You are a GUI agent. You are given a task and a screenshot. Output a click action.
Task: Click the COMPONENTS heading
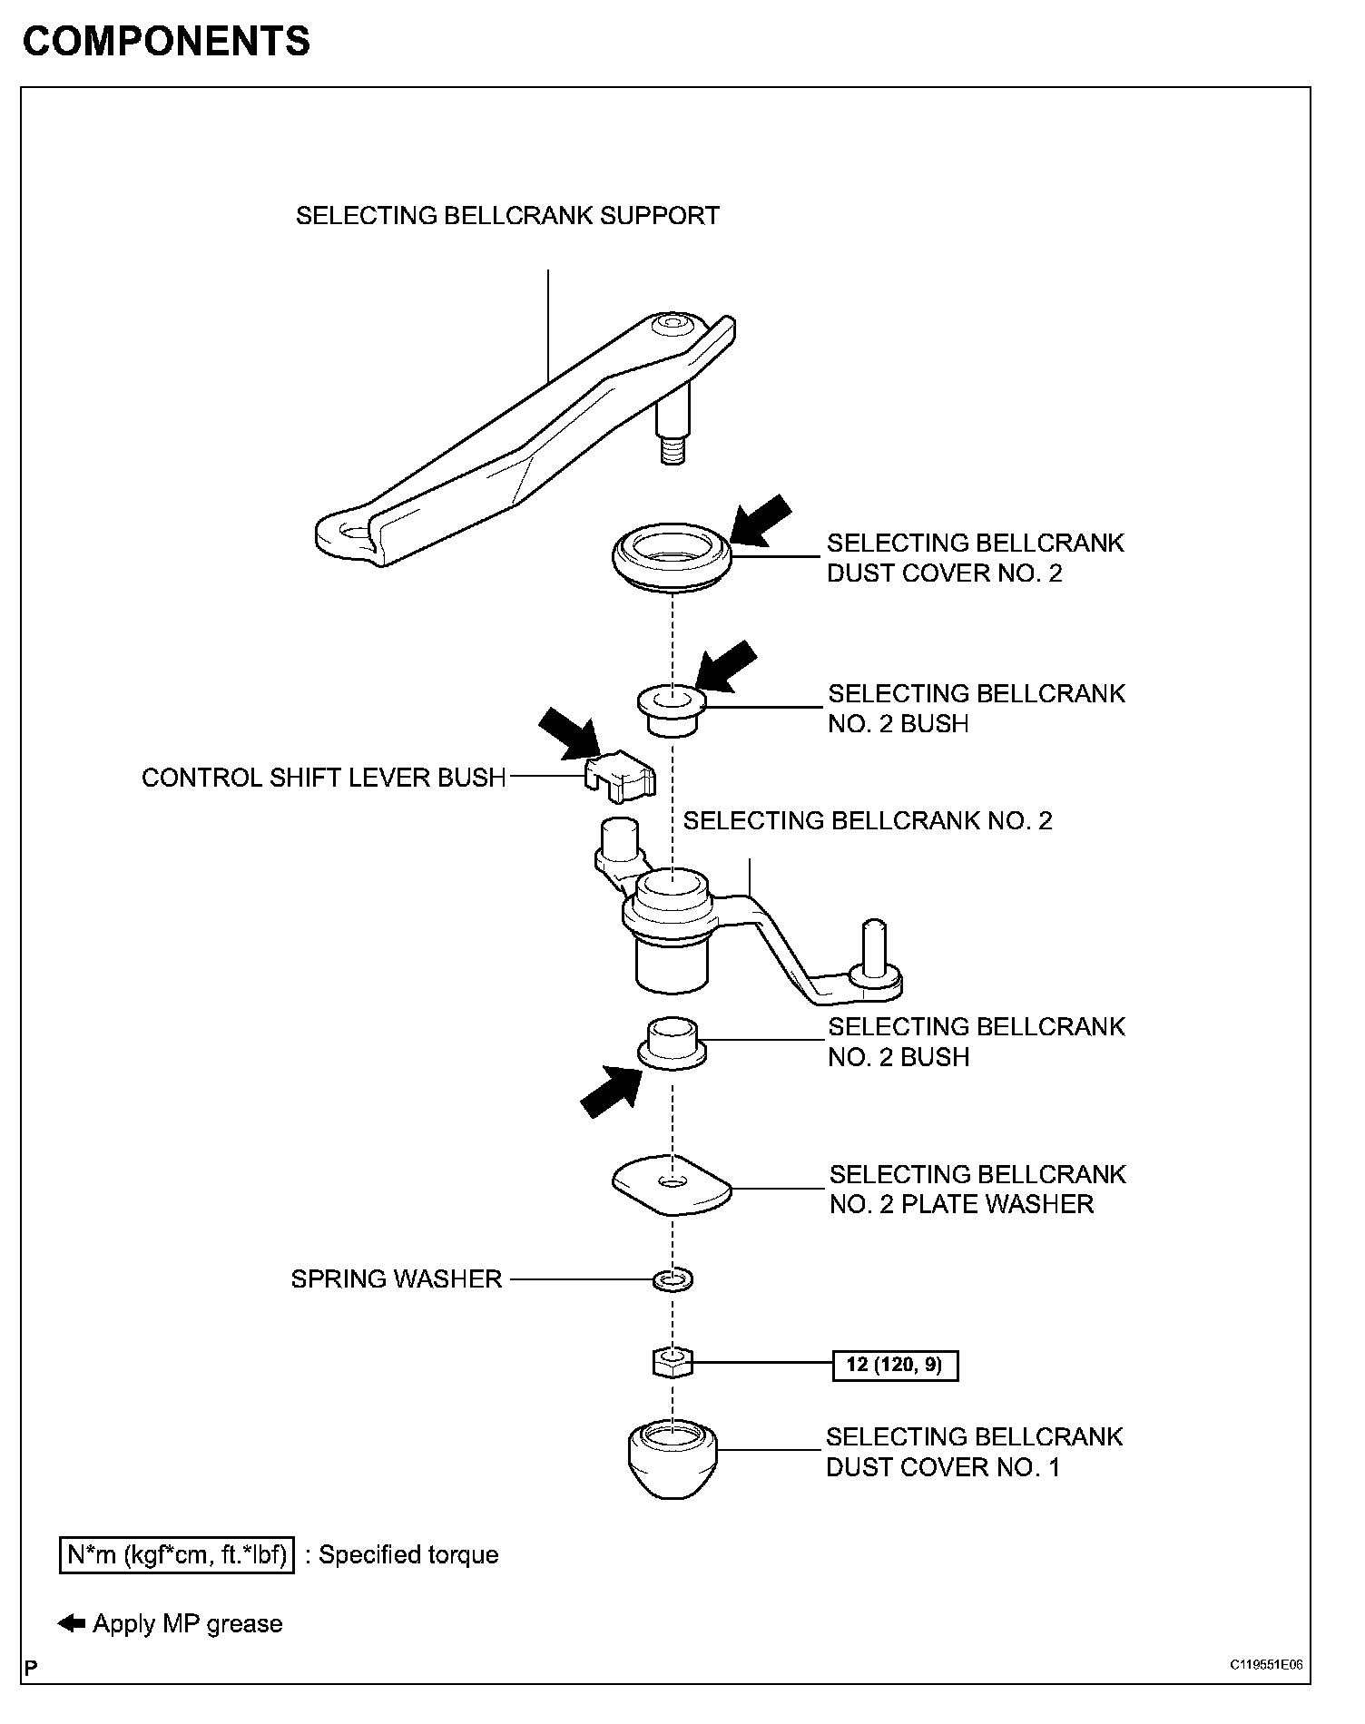click(x=166, y=42)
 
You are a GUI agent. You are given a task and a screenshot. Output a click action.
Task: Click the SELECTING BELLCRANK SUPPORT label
click(x=507, y=216)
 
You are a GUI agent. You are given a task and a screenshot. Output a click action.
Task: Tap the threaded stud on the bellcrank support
click(x=672, y=448)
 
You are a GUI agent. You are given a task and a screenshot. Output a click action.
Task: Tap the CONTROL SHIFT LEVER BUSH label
click(x=323, y=778)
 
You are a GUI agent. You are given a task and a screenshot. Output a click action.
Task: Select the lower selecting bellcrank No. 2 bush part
click(x=672, y=1043)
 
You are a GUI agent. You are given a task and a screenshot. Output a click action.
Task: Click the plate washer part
click(x=672, y=1184)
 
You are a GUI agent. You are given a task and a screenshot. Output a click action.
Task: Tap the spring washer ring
click(x=673, y=1280)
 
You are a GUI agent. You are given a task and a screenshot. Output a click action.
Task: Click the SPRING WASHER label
click(x=397, y=1279)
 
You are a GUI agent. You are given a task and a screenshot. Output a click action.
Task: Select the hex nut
click(x=672, y=1362)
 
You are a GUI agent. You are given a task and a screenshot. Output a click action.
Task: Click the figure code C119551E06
click(x=1266, y=1665)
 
